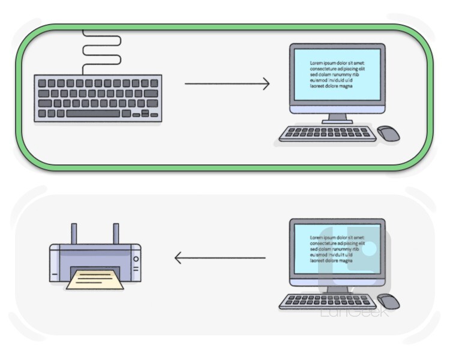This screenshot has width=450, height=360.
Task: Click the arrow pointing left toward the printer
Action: pyautogui.click(x=220, y=258)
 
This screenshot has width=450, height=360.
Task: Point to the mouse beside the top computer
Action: pyautogui.click(x=388, y=133)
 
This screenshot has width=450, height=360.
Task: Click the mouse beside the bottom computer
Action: pyautogui.click(x=388, y=301)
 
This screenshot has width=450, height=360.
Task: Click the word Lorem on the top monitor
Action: pyautogui.click(x=316, y=63)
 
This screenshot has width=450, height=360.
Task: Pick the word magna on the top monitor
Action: pyautogui.click(x=346, y=86)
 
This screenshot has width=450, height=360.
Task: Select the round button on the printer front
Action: pyautogui.click(x=136, y=259)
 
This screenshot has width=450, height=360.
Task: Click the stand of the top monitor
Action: pyautogui.click(x=337, y=118)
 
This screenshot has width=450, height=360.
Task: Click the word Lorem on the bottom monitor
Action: pyautogui.click(x=316, y=238)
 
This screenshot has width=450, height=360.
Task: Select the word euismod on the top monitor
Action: pyautogui.click(x=319, y=80)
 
